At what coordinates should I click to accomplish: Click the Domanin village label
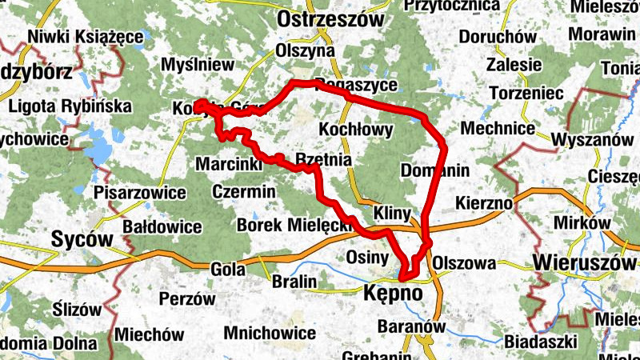tap(434, 170)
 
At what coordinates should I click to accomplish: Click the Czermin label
tap(244, 191)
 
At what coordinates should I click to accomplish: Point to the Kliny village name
tap(392, 213)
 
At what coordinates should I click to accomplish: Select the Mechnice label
tap(498, 128)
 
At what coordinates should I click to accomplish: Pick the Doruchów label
tap(498, 37)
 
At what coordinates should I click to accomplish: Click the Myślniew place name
tap(197, 64)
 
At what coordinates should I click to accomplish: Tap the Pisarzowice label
tap(140, 193)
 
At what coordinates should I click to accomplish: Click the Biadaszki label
tap(542, 342)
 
